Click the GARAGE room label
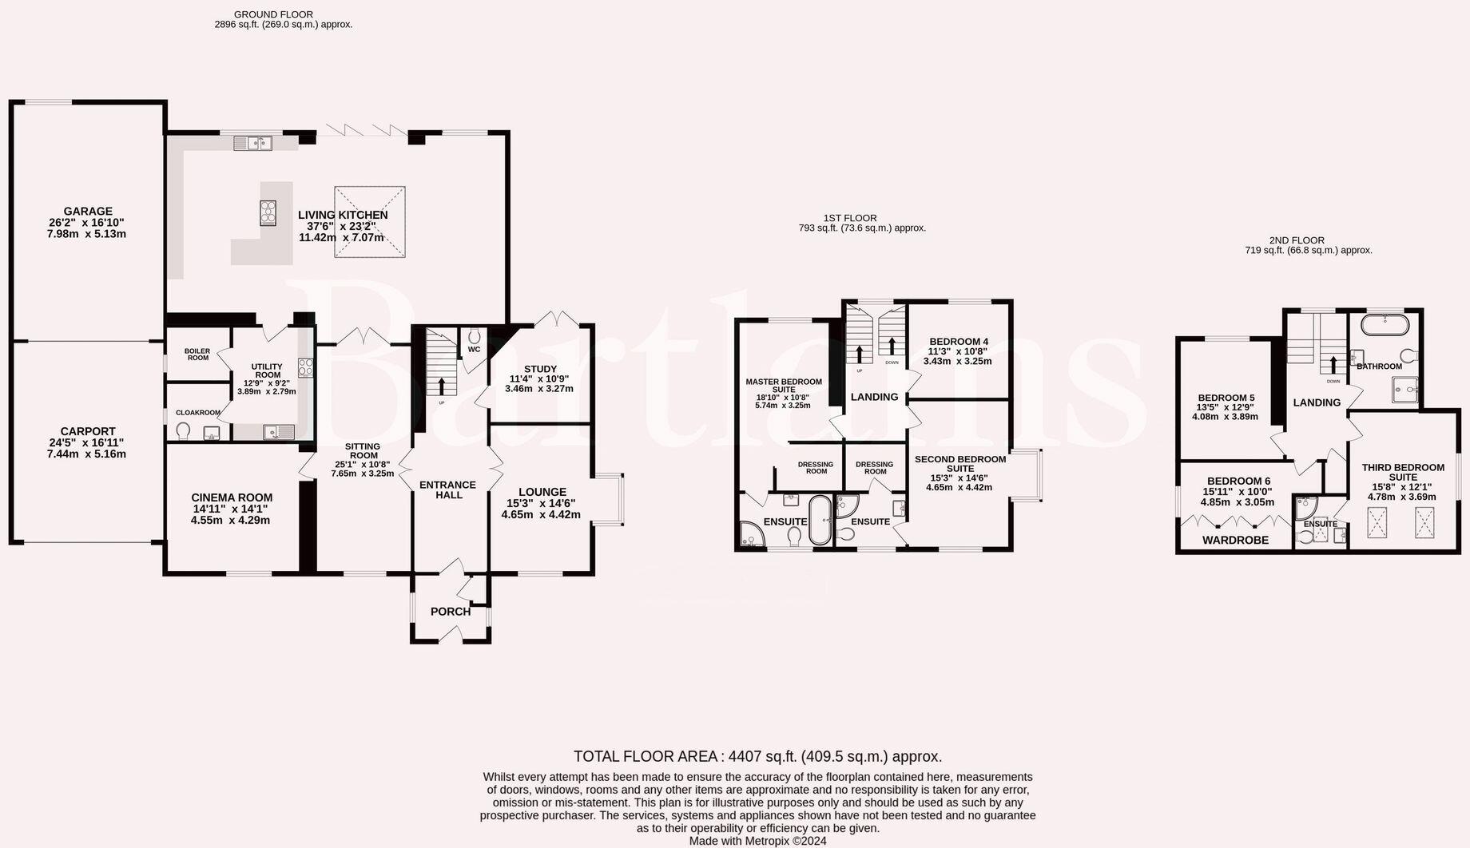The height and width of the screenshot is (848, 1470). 88,212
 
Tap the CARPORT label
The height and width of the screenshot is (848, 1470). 88,431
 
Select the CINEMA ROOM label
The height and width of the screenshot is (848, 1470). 232,497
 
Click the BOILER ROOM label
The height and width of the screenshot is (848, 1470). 197,354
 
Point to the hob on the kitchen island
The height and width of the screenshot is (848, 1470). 268,212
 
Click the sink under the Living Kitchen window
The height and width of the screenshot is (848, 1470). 253,143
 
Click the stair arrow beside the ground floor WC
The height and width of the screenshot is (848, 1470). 441,386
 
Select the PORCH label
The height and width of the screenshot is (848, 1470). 451,612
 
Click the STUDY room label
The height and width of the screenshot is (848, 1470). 540,369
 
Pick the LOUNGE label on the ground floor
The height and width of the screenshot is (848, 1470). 542,492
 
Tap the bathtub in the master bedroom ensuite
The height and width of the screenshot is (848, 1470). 820,520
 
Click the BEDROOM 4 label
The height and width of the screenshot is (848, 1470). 959,341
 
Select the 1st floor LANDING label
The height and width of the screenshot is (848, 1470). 874,397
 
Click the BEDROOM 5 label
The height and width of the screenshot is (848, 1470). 1226,398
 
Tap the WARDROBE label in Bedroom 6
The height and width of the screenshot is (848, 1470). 1236,541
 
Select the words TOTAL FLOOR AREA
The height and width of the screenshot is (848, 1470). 646,756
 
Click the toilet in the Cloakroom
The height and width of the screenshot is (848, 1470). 184,431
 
